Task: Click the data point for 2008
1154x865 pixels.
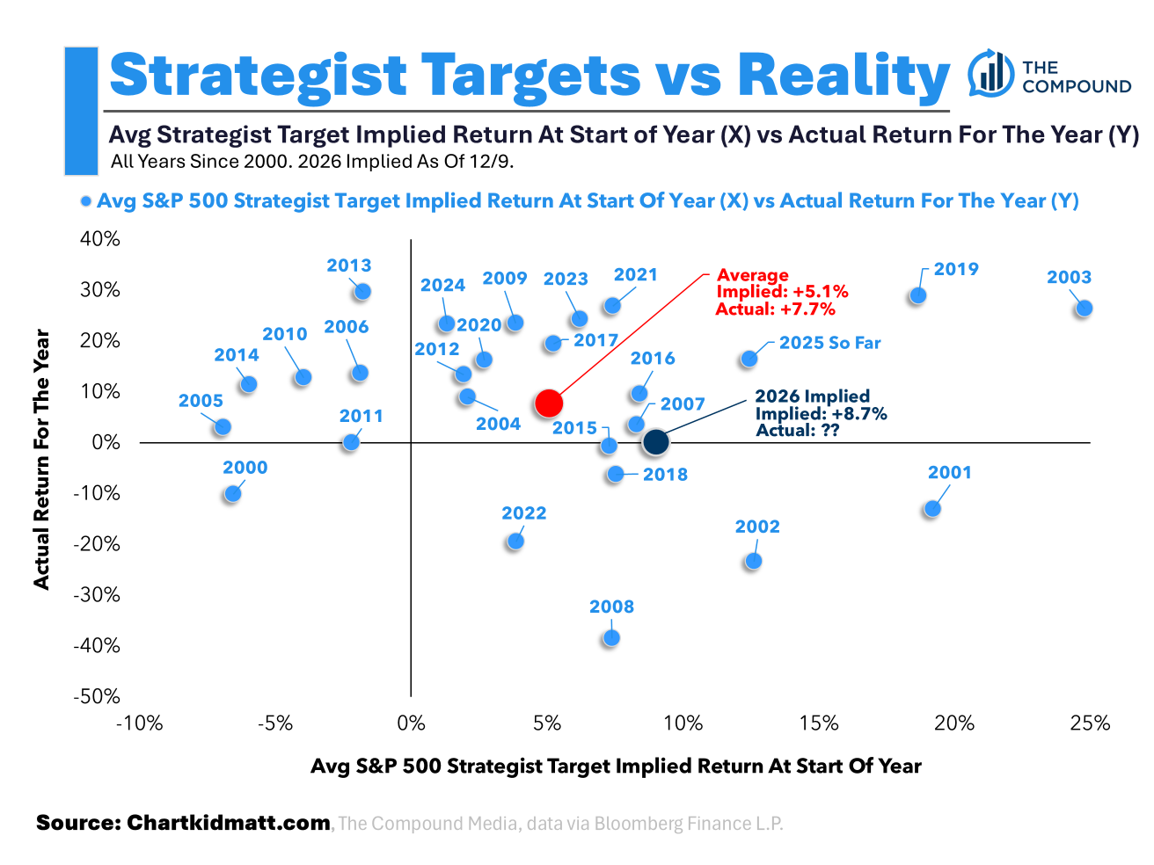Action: tap(610, 637)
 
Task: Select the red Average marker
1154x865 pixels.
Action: tap(548, 403)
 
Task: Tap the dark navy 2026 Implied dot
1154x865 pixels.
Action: tap(655, 442)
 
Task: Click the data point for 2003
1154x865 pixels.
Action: tap(1084, 308)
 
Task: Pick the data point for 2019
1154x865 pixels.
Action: tap(917, 295)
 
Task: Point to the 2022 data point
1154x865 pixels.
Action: tap(515, 541)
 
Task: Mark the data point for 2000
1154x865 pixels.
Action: tap(232, 493)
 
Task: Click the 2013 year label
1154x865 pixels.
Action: tap(348, 265)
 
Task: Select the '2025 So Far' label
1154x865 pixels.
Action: tap(829, 343)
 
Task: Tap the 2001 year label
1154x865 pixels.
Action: tap(949, 472)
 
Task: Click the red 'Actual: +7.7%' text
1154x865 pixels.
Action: tap(775, 309)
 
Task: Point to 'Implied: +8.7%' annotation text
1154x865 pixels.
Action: tap(821, 413)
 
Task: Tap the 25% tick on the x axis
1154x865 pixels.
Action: tap(1090, 723)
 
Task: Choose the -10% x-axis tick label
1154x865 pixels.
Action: tap(140, 723)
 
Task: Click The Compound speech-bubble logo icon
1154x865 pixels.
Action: tap(990, 74)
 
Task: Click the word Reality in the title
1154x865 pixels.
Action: tap(843, 76)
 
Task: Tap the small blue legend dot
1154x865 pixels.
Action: tap(85, 201)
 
